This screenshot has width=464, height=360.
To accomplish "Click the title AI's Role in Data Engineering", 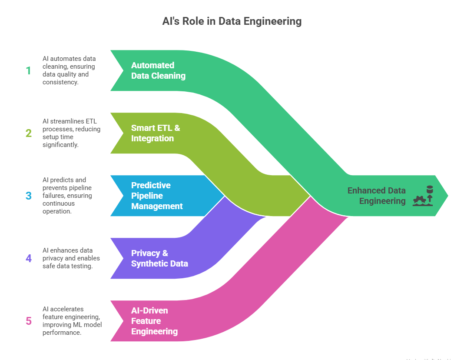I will (232, 21).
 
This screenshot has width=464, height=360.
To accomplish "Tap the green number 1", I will (29, 70).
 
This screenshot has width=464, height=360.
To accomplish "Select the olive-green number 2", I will (29, 133).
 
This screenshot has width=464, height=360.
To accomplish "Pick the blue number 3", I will (29, 196).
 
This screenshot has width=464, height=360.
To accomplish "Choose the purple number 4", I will (29, 258).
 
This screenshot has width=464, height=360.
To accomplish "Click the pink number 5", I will (29, 321).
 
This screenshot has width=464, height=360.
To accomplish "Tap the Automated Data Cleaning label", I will (158, 70).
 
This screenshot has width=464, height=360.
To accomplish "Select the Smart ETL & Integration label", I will (155, 133).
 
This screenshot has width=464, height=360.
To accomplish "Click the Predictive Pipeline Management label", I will (156, 196).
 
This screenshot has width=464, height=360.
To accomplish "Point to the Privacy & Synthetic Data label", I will (159, 258).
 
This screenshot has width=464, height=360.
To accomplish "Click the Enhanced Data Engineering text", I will (376, 196).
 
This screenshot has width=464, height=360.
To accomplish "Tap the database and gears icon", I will (423, 196).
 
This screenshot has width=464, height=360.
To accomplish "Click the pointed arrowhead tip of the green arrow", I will (446, 196).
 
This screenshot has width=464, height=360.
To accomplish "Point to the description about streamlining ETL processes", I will (71, 133).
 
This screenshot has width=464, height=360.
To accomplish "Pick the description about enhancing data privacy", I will (71, 258).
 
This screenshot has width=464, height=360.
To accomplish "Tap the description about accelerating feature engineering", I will (72, 321).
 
